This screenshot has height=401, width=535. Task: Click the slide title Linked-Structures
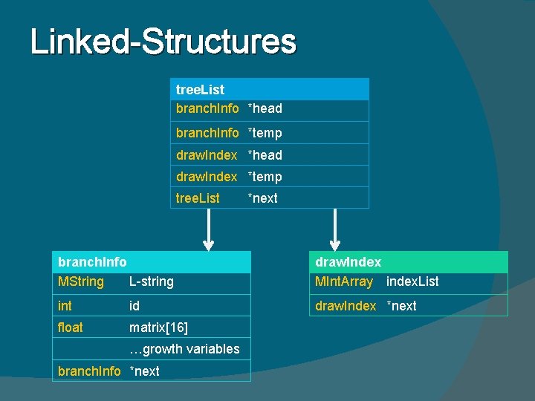[x=163, y=42]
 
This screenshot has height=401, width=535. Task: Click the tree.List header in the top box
[x=200, y=90]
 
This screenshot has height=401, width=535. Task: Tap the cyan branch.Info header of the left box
[x=92, y=261]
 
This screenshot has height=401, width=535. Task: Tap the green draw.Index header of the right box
[x=348, y=261]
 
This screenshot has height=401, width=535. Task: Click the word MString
[x=81, y=281]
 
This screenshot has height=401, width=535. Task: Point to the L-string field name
[x=152, y=281]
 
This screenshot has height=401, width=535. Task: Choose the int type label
[x=65, y=305]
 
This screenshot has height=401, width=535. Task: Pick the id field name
[x=134, y=305]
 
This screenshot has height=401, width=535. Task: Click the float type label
[x=70, y=327]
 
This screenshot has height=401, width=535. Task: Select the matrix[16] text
[x=158, y=327]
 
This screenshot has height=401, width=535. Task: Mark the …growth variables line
[x=184, y=349]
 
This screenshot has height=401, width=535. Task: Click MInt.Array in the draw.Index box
[x=344, y=281]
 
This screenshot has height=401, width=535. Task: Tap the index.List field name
[x=412, y=281]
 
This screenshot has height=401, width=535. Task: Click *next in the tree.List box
[x=262, y=198]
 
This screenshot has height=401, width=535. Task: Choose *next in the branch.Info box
[x=144, y=371]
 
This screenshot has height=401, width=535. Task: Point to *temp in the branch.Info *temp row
[x=265, y=133]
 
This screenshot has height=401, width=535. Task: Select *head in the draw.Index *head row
[x=265, y=155]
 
